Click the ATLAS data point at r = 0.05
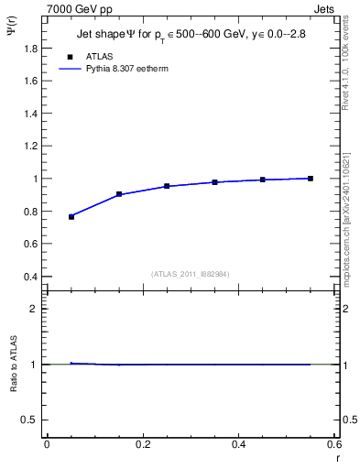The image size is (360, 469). click(71, 217)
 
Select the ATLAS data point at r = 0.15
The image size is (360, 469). click(119, 194)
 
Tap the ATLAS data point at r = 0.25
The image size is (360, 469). click(167, 186)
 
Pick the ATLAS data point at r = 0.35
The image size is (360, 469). click(214, 182)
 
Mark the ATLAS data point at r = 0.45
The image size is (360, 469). click(262, 180)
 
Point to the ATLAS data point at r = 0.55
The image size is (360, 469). click(310, 179)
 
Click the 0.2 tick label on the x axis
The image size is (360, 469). click(142, 444)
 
